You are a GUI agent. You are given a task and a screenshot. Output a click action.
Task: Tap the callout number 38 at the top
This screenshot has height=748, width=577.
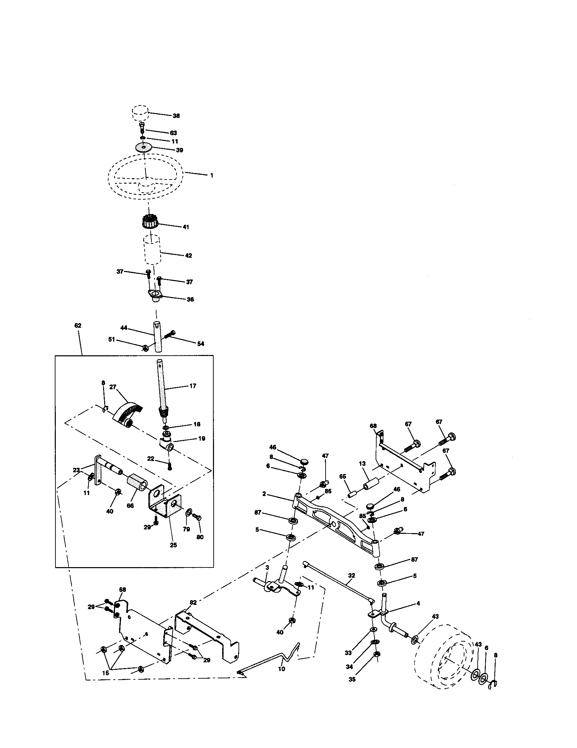[176, 116]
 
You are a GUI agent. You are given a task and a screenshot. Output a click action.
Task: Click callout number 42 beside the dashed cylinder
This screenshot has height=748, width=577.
[188, 255]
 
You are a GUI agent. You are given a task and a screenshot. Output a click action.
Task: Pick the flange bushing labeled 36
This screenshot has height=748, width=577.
[155, 295]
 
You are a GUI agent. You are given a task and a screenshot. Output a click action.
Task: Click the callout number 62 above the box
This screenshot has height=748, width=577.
[78, 325]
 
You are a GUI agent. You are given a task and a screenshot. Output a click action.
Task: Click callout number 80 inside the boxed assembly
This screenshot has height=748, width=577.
[200, 537]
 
